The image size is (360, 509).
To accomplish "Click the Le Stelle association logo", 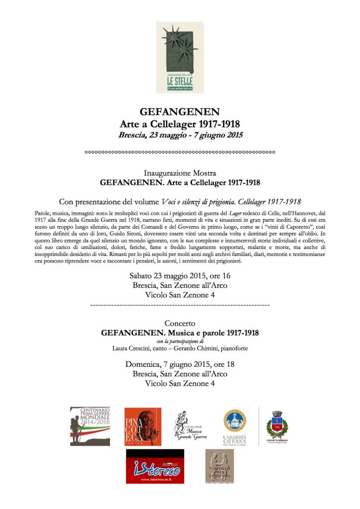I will pos(180,57).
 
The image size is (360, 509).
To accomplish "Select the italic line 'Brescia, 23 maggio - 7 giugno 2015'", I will pos(180,135).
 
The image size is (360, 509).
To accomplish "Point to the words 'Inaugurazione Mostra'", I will pos(180,173).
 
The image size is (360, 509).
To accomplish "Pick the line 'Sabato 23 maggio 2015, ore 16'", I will pos(180,276).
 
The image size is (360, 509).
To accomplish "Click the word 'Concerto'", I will pos(180,323).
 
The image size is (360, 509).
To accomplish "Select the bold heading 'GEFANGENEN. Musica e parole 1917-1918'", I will pos(180,333).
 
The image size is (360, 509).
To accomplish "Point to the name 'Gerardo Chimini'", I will pos(198,348).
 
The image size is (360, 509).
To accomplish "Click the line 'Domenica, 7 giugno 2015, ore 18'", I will pos(180,364).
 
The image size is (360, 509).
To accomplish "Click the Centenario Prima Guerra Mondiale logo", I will pos(90,426).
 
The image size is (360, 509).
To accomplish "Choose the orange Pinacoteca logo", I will pos(143,426).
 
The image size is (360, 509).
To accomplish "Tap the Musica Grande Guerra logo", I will pos(189,426).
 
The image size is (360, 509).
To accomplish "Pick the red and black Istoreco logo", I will pos(155,466).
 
